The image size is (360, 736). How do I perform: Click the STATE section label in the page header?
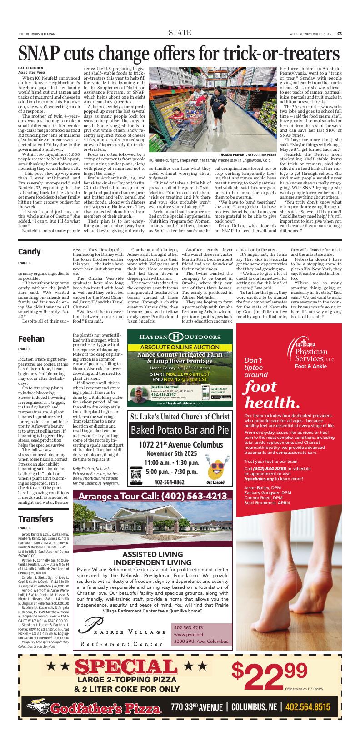(180, 32)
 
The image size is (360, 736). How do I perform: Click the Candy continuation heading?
(30, 251)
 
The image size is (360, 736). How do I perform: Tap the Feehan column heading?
(31, 338)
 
